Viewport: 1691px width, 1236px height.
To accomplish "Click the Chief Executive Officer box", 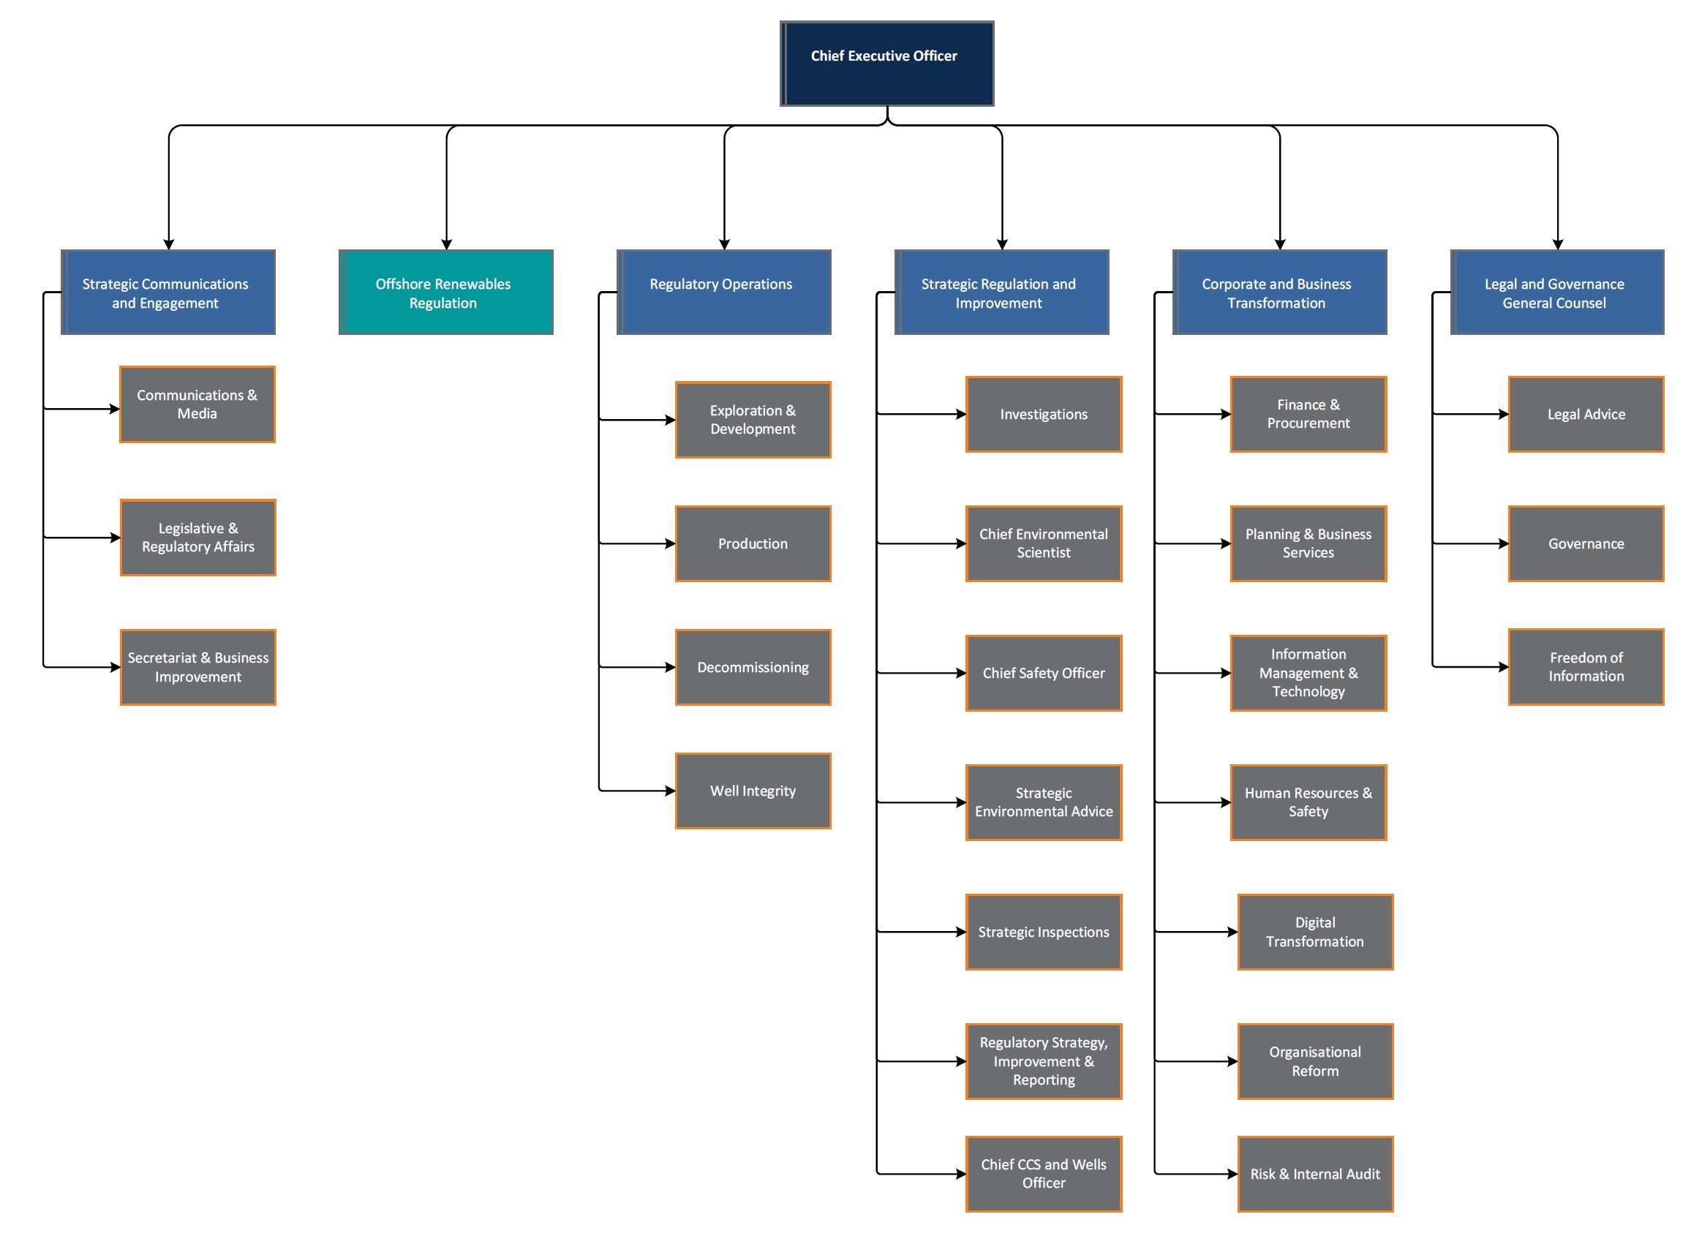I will pyautogui.click(x=886, y=64).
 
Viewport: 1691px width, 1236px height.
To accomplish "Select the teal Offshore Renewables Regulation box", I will pyautogui.click(x=446, y=293).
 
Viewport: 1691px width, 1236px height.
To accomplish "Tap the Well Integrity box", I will pyautogui.click(x=753, y=791).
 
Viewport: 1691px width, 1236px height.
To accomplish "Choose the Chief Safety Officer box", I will pyautogui.click(x=1044, y=674).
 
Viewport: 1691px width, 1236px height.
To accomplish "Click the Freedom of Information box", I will pyautogui.click(x=1586, y=666).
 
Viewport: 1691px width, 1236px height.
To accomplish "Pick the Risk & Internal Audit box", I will pyautogui.click(x=1314, y=1174).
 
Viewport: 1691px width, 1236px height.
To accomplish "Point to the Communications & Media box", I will pyautogui.click(x=197, y=404).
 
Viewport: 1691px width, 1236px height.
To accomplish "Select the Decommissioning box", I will pyautogui.click(x=753, y=668).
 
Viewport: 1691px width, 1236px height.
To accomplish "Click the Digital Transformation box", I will pyautogui.click(x=1314, y=932).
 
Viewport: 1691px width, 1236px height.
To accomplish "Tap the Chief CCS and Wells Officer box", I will pyautogui.click(x=1044, y=1174).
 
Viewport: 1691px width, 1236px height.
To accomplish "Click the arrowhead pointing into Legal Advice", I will pyautogui.click(x=1503, y=415).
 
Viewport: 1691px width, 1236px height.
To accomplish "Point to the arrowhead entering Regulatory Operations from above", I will pyautogui.click(x=724, y=244).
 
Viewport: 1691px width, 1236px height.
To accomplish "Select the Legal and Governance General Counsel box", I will pyautogui.click(x=1557, y=293).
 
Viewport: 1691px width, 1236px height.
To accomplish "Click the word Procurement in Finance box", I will pyautogui.click(x=1308, y=423).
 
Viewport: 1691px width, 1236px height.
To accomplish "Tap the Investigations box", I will pyautogui.click(x=1044, y=415).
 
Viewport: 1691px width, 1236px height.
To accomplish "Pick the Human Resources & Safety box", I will pyautogui.click(x=1308, y=803).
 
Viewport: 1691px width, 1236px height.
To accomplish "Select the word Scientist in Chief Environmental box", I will pyautogui.click(x=1043, y=553).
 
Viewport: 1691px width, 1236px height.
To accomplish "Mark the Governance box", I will pyautogui.click(x=1586, y=544).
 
